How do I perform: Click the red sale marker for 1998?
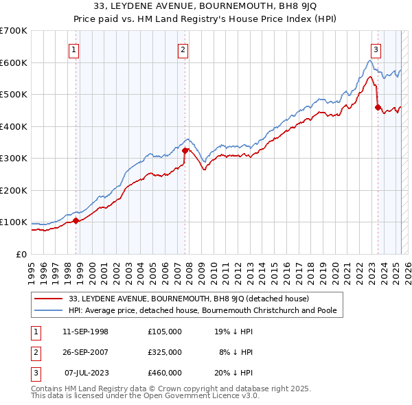(76, 220)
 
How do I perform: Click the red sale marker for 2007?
(185, 150)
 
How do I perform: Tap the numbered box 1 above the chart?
(73, 49)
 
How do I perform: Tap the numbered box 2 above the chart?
(183, 49)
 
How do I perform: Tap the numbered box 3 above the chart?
(376, 49)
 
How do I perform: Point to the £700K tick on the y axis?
(14, 31)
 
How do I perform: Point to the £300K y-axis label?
(14, 159)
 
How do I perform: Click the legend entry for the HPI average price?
(206, 310)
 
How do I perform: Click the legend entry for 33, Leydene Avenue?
(189, 299)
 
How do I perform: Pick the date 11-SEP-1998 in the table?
(85, 332)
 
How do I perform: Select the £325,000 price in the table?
(164, 352)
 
